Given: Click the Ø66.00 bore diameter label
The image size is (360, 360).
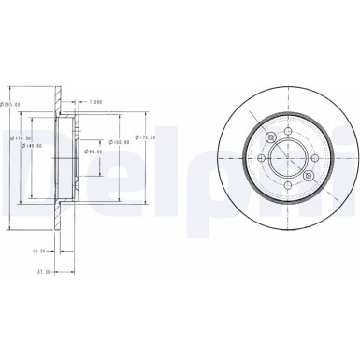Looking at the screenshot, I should [92, 151].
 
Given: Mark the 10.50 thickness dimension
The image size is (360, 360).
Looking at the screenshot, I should [39, 251].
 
